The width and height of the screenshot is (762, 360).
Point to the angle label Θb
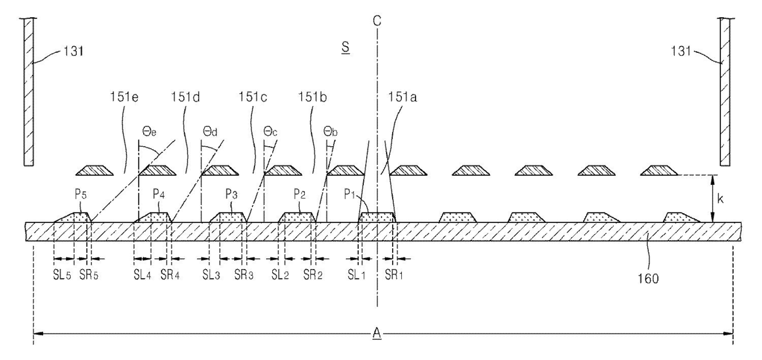(331, 131)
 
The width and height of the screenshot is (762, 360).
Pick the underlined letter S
(345, 49)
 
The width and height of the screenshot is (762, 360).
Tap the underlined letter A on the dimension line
(377, 334)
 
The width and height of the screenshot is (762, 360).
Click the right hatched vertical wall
(725, 92)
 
